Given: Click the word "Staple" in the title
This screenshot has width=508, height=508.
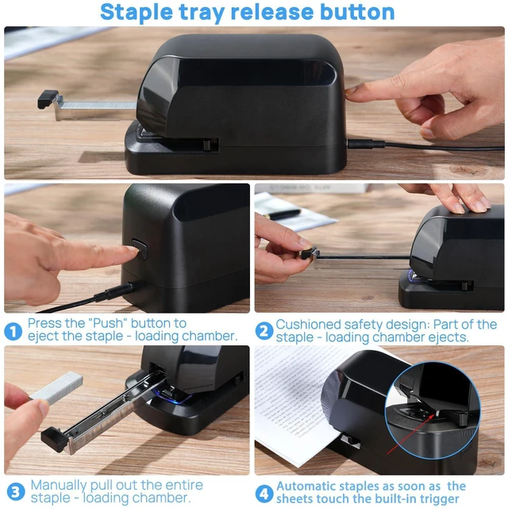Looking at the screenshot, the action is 137,13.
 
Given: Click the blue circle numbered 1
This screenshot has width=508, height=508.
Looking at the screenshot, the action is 13,332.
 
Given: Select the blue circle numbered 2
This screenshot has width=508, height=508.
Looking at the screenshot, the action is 264,331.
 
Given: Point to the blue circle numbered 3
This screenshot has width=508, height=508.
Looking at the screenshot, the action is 16,492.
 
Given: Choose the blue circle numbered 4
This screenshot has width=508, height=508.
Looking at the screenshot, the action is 264,494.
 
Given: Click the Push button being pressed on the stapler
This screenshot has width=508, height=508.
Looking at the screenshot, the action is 140,249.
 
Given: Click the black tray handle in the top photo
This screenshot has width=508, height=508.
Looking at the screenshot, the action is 48,99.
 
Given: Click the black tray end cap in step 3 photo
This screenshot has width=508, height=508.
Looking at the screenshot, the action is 54,439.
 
